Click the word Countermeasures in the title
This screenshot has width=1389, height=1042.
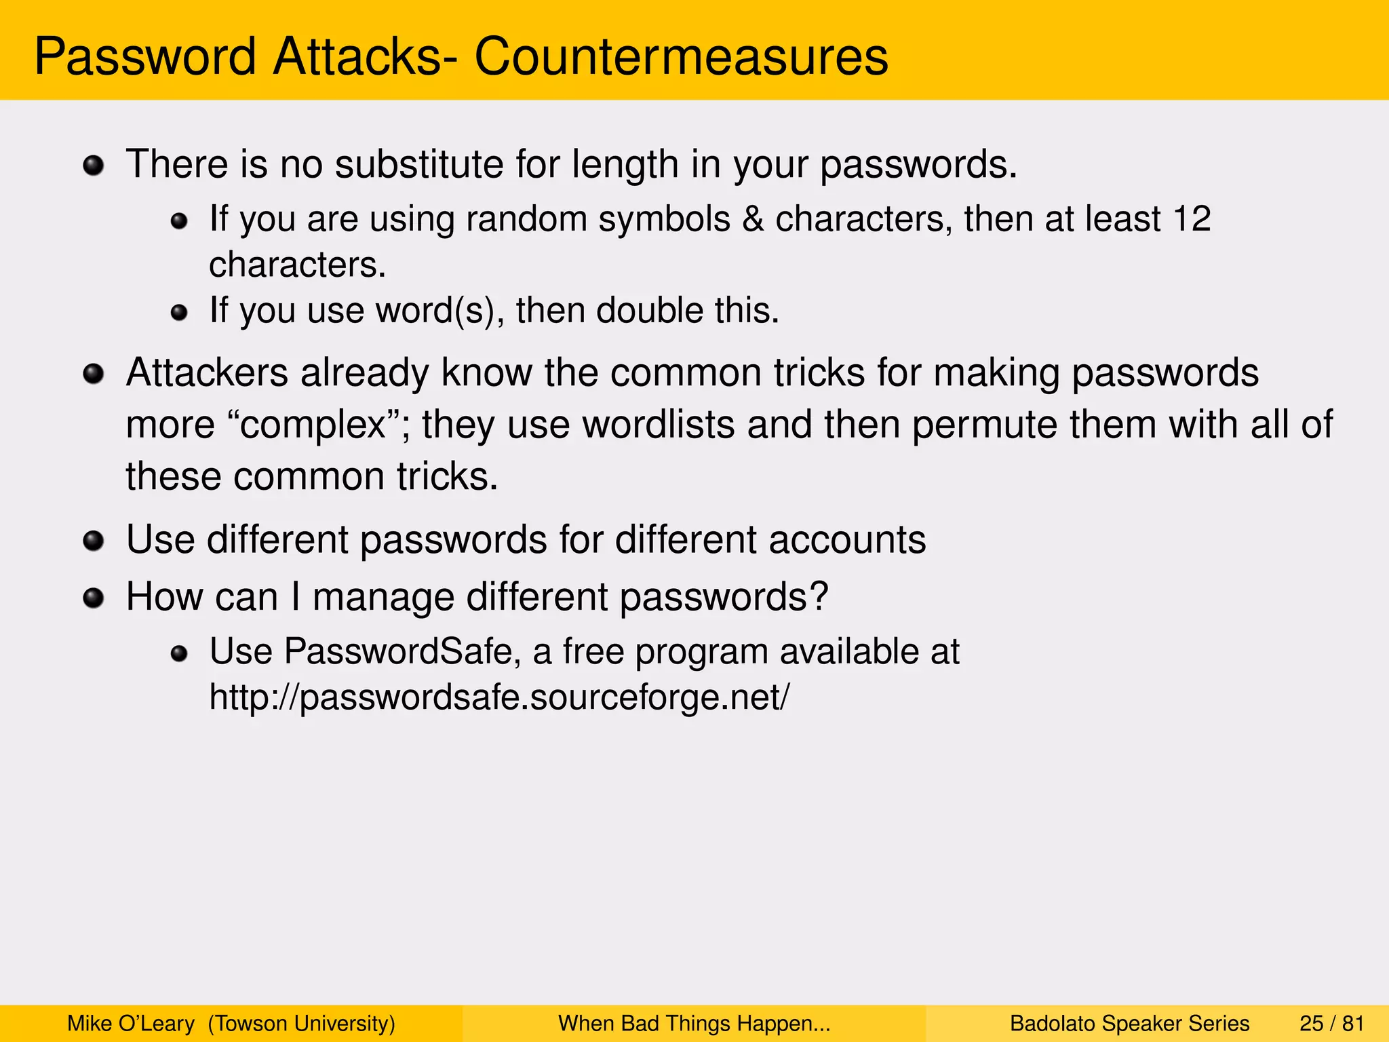pos(681,57)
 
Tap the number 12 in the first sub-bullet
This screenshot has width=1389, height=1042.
pos(1192,219)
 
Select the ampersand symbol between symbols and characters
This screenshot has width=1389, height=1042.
pos(752,219)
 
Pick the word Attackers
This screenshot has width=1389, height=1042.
pos(207,373)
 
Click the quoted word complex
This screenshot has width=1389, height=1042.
pos(313,425)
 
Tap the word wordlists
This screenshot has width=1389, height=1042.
pos(659,425)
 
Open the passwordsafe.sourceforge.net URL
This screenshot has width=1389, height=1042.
pos(499,697)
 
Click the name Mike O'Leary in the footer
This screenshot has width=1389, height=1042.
pos(131,1023)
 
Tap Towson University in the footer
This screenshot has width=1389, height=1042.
pos(302,1023)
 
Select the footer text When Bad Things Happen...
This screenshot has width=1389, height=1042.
pos(694,1023)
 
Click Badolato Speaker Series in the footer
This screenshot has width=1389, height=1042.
pos(1129,1023)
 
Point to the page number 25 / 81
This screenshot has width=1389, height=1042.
pos(1331,1023)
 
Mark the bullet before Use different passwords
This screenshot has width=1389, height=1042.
pos(93,541)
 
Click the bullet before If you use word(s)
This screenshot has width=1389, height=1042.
pos(179,313)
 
